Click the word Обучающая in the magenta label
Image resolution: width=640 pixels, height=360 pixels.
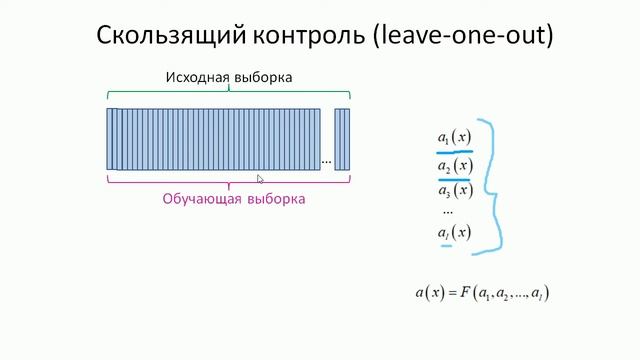pos(204,199)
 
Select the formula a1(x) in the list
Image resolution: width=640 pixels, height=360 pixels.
pos(454,136)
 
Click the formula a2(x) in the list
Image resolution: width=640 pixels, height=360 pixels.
pos(454,165)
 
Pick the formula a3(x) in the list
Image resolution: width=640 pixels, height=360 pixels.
pos(454,190)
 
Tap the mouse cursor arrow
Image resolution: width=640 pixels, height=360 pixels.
pos(260,179)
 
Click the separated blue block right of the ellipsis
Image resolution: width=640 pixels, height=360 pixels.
pos(342,138)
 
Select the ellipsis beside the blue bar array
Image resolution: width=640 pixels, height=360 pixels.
pos(326,160)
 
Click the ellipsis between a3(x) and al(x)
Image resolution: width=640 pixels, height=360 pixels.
pos(447,212)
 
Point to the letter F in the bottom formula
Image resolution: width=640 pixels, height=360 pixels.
pos(466,293)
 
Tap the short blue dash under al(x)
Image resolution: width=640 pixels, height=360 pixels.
pos(446,245)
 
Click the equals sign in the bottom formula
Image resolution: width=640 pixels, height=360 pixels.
pos(451,293)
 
